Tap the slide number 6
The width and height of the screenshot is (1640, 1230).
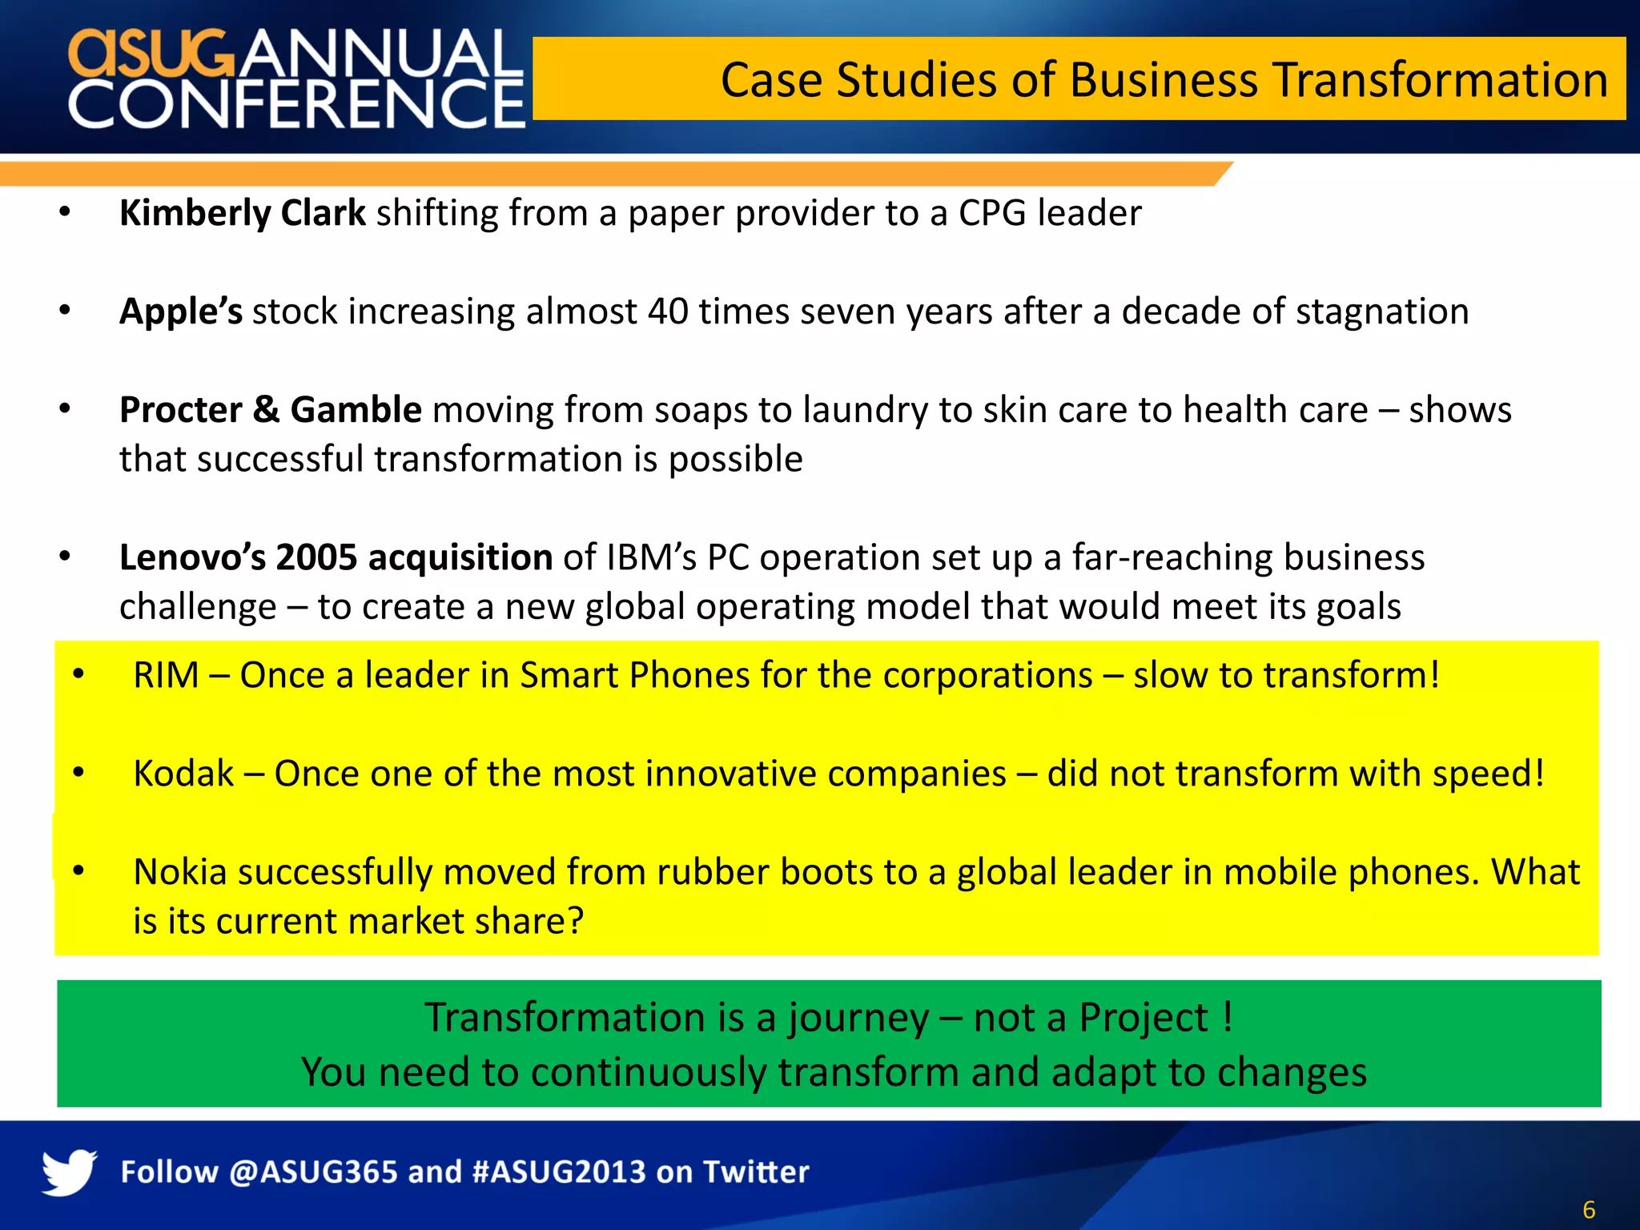[x=1589, y=1209]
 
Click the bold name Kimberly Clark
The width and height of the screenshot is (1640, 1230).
[x=242, y=213]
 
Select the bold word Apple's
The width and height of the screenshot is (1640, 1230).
[x=180, y=312]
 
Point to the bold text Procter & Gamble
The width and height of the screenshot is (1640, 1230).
[x=270, y=410]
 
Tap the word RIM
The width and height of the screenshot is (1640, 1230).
[x=166, y=675]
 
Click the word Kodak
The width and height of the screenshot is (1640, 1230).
[x=183, y=774]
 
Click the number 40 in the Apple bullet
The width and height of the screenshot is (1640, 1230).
[x=668, y=312]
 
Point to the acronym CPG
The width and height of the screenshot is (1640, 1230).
[x=992, y=213]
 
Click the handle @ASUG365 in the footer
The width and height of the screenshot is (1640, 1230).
[x=313, y=1172]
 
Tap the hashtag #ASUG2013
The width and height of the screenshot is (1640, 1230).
[x=559, y=1172]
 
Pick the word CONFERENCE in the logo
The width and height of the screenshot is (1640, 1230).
[x=296, y=104]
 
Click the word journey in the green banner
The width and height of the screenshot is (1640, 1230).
[x=858, y=1019]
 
